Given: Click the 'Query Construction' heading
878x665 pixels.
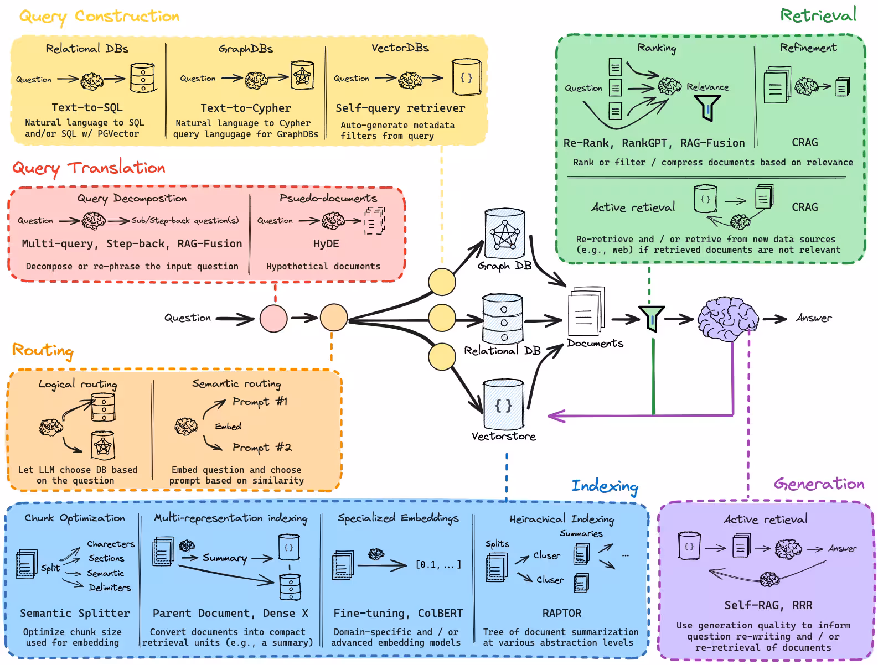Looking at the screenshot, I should pos(100,17).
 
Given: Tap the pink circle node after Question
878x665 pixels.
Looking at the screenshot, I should pos(273,318).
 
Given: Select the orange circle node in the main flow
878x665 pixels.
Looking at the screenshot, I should pos(333,318).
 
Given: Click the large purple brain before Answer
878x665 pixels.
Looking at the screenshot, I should pos(727,319).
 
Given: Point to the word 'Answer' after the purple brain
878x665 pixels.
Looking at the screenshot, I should pos(813,318).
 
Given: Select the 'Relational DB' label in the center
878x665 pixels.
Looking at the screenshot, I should pos(502,351).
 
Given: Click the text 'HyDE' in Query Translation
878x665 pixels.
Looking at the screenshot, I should pos(326,244).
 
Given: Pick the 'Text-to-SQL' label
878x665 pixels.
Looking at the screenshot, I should pos(87,108).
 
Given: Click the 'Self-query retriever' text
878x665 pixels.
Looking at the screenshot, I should pos(400,108).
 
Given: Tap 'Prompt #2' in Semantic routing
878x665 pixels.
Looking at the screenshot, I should pos(261,447).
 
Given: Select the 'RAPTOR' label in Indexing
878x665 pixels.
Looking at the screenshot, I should pos(561,613).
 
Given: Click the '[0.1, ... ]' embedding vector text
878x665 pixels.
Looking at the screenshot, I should pos(438,565).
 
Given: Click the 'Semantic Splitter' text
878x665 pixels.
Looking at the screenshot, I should pos(75,613).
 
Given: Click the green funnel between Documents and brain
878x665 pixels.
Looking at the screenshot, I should pos(652,319).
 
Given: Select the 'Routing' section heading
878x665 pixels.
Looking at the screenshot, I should pos(43,350).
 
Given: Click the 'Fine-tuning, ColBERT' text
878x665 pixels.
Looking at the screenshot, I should pos(397,613).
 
